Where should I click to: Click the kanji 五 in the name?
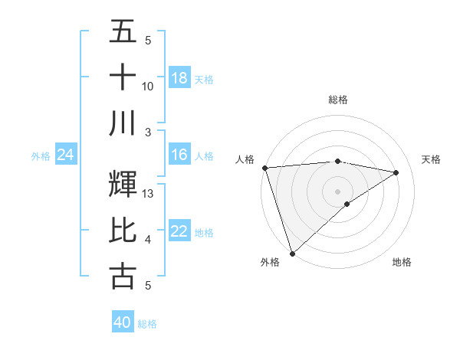(x=123, y=32)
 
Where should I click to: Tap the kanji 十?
(x=123, y=77)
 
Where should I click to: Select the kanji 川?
(x=123, y=123)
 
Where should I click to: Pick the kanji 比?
(x=123, y=231)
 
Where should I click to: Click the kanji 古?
(x=123, y=277)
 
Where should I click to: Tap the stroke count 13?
(x=149, y=194)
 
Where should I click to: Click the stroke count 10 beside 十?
(x=148, y=87)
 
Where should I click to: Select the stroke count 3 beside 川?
(x=148, y=132)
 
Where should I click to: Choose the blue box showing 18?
(x=179, y=77)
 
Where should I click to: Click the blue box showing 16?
(x=179, y=155)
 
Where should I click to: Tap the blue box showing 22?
(x=179, y=231)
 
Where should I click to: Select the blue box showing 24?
(x=66, y=155)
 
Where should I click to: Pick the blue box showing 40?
(x=123, y=322)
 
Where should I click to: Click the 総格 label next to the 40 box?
(x=147, y=324)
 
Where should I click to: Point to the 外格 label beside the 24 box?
(x=41, y=156)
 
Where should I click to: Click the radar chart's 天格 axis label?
(x=431, y=159)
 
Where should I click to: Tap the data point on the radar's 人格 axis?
(x=264, y=167)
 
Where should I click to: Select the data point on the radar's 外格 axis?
(x=292, y=253)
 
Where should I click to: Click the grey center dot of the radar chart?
(x=337, y=191)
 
